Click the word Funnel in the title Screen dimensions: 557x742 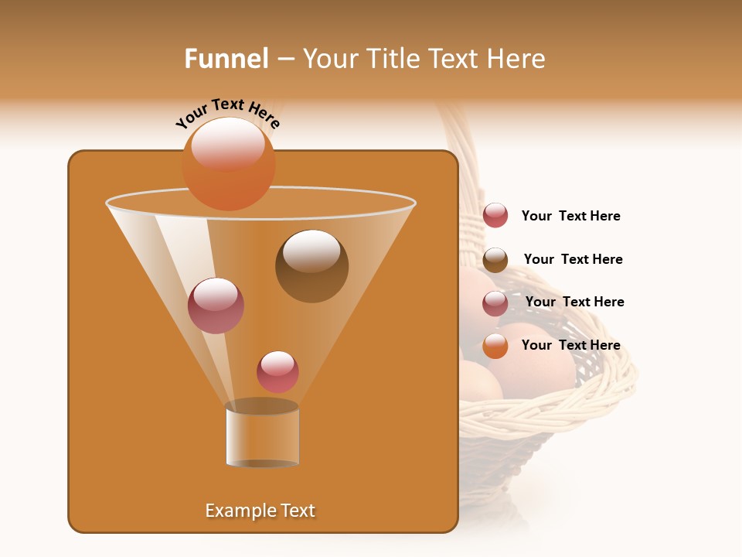[226, 59]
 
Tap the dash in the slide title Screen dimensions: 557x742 [284, 60]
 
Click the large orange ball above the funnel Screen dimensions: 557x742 [228, 164]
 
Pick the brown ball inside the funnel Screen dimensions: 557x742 [311, 267]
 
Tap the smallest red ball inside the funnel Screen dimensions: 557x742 [277, 372]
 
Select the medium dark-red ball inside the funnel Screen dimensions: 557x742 [216, 306]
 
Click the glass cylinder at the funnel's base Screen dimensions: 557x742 [262, 438]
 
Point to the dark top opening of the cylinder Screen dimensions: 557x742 [262, 406]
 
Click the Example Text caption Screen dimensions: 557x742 [260, 511]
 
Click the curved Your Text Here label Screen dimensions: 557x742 [228, 113]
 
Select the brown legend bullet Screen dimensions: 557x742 [495, 260]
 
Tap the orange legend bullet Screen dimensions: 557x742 [495, 346]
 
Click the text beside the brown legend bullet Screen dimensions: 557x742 [573, 259]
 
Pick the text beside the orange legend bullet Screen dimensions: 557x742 [570, 345]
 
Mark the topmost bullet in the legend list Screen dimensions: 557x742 [495, 216]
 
